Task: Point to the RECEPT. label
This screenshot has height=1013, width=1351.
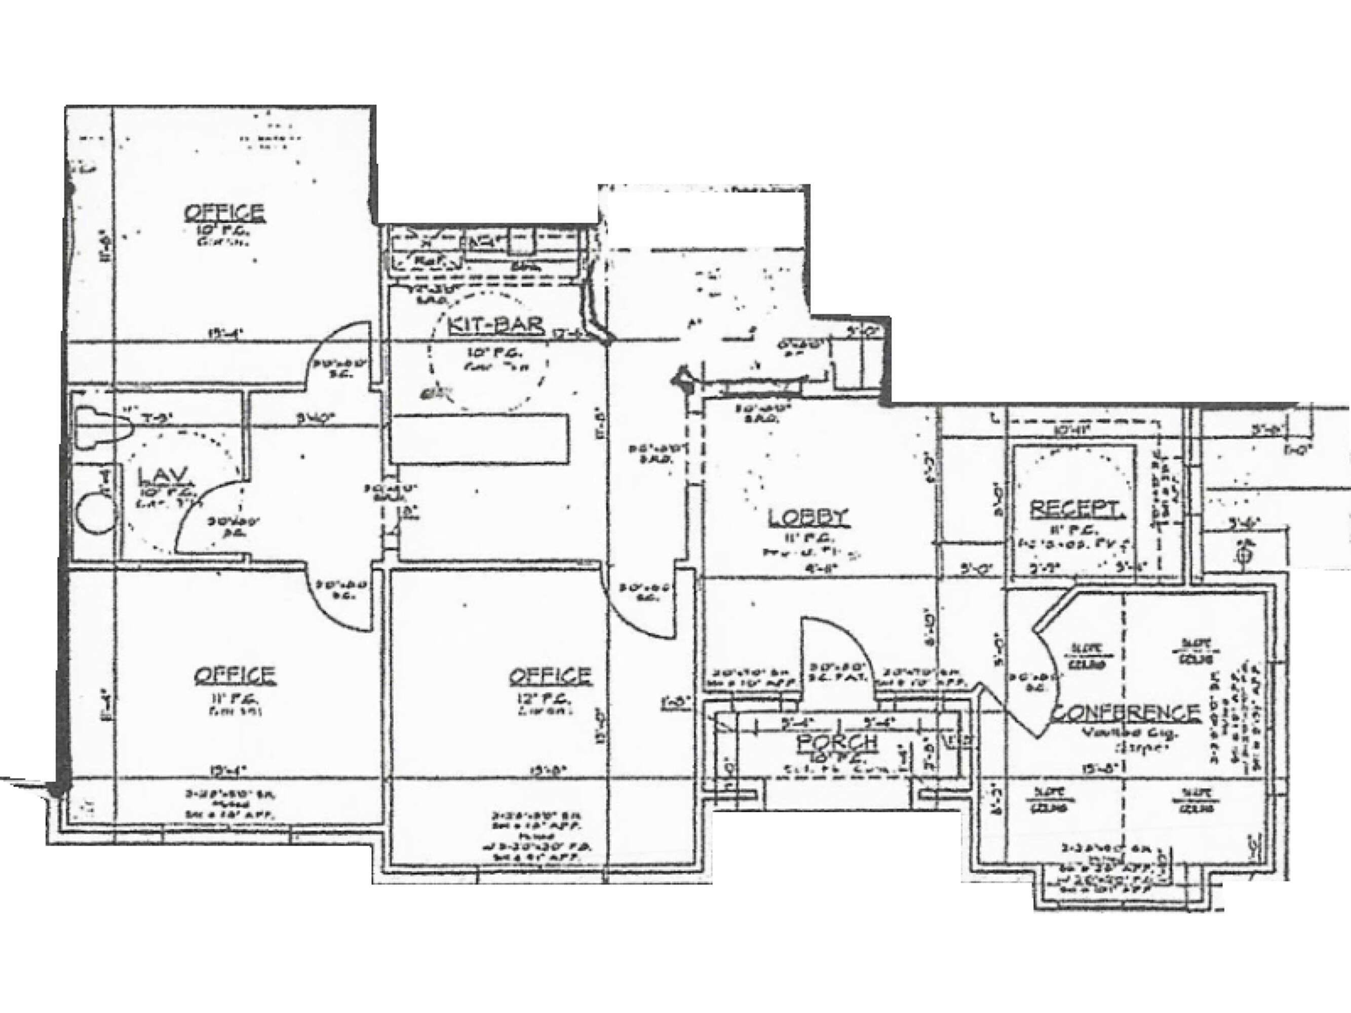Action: pyautogui.click(x=1075, y=509)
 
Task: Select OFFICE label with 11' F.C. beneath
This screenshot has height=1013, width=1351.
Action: pyautogui.click(x=235, y=675)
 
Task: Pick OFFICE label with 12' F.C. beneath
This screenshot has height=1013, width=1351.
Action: pyautogui.click(x=550, y=675)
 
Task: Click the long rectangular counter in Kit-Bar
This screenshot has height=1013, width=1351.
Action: pyautogui.click(x=479, y=438)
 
